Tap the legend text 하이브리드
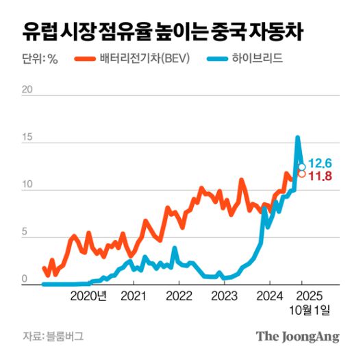coord(258,59)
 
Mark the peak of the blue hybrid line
coord(297,137)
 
